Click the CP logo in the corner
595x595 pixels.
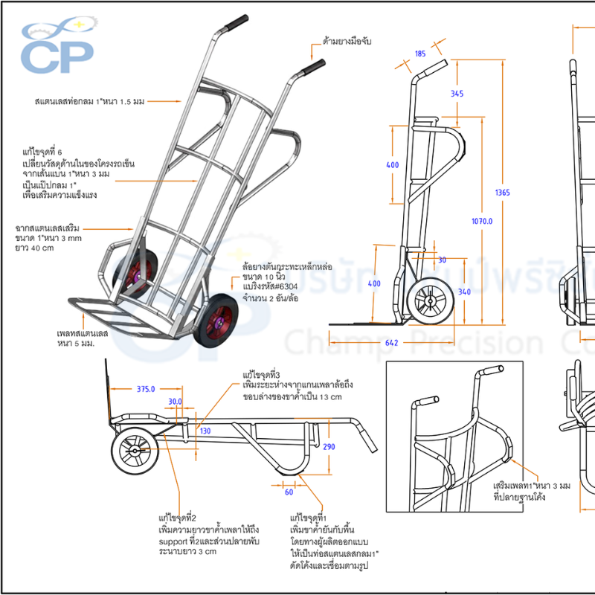(x=57, y=48)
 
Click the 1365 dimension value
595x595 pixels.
(x=502, y=193)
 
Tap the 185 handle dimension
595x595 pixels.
(x=420, y=54)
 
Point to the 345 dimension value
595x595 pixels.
(x=457, y=94)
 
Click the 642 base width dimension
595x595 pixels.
(x=393, y=342)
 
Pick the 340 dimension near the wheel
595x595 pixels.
(x=464, y=292)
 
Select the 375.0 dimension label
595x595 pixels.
(x=146, y=388)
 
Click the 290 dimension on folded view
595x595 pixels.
(x=329, y=447)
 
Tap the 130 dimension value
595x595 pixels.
(x=205, y=431)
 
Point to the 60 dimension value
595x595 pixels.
(x=289, y=492)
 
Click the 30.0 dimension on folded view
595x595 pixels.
(x=175, y=402)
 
